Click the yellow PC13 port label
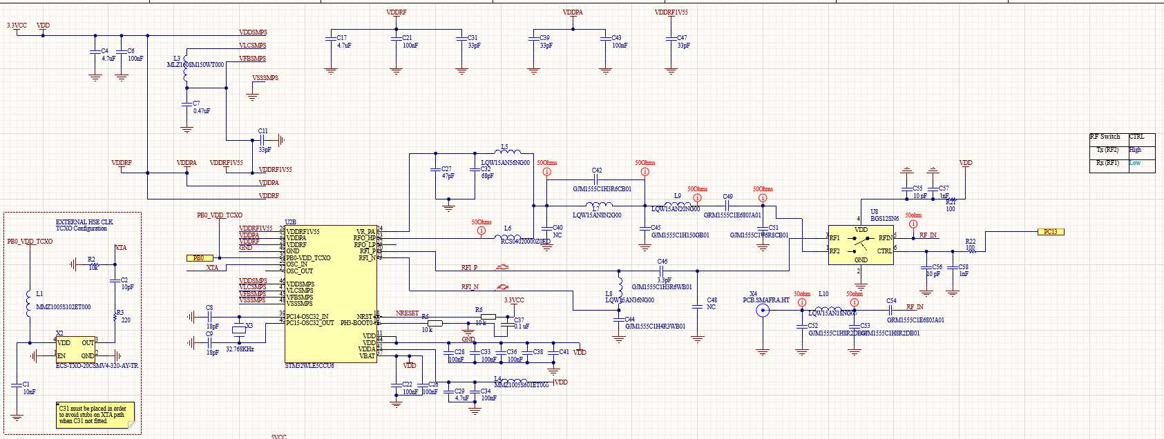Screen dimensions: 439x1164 (x=1051, y=232)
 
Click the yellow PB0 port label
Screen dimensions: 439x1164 (x=198, y=258)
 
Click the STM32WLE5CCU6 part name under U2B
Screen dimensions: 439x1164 (x=309, y=366)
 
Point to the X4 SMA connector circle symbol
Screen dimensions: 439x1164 (x=763, y=311)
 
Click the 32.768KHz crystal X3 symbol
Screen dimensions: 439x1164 (x=238, y=329)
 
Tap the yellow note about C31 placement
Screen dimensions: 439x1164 (x=95, y=415)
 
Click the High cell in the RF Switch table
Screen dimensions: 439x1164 (x=1136, y=150)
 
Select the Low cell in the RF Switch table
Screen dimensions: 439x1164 (x=1135, y=164)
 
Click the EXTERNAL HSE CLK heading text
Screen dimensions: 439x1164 (x=84, y=222)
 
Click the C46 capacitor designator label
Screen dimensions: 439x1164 (x=662, y=262)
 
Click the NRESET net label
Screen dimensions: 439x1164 (x=407, y=313)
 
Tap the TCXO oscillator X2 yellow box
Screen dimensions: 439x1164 (x=76, y=349)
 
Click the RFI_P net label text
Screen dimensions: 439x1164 (x=469, y=268)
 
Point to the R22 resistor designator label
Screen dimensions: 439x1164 (x=970, y=242)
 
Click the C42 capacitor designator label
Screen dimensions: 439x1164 (x=597, y=170)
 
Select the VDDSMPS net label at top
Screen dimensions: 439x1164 (x=253, y=32)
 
